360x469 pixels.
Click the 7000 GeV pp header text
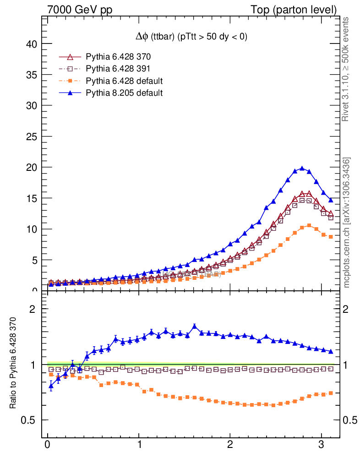(x=80, y=10)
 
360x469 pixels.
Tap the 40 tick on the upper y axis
(x=31, y=44)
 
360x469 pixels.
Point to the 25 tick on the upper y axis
(x=31, y=136)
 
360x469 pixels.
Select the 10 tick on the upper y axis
(x=31, y=229)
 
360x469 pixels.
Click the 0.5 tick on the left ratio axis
(x=28, y=420)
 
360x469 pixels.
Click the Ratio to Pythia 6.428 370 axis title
(x=13, y=362)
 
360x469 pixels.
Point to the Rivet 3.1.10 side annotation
(x=346, y=69)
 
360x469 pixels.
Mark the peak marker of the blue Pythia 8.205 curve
(x=302, y=169)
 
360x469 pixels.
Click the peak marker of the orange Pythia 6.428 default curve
(x=309, y=225)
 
